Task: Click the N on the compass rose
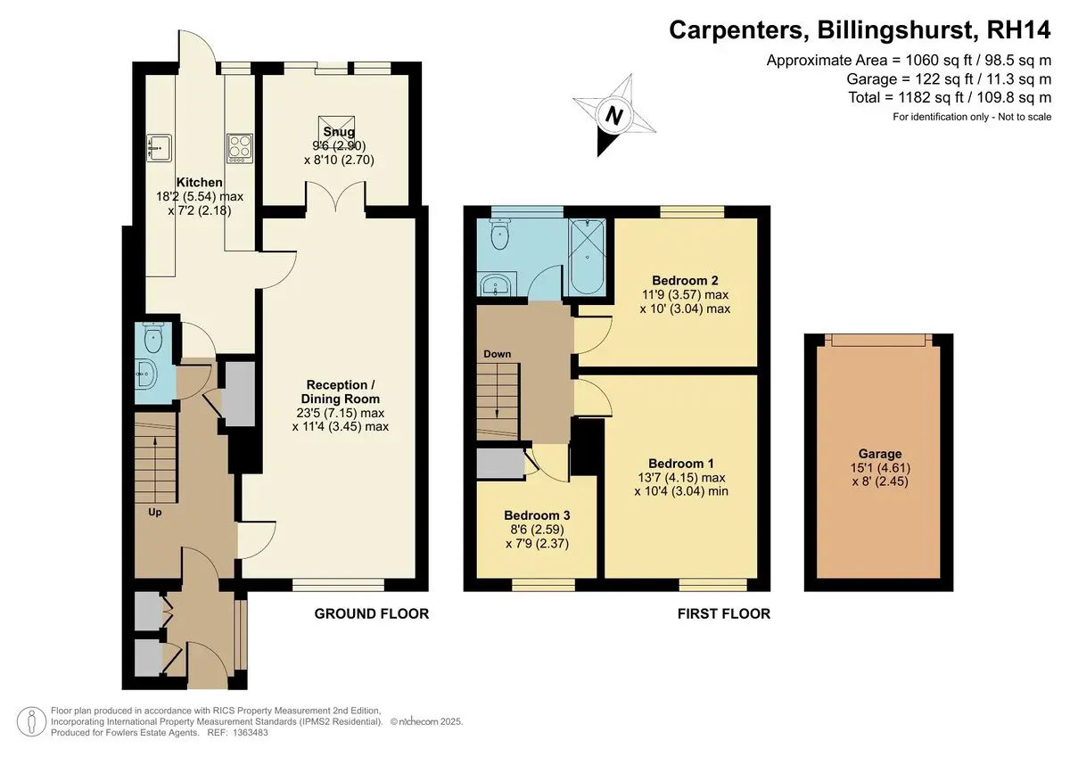pos(613,116)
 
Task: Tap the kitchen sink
pos(159,148)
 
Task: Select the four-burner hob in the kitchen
pos(240,148)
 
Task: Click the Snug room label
pos(339,131)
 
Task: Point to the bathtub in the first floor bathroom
pos(587,257)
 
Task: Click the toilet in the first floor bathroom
pos(499,234)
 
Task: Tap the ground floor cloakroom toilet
pos(152,338)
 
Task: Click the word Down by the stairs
pos(498,354)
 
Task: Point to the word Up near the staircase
pos(155,513)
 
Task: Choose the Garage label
pos(880,454)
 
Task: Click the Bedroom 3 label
pos(537,515)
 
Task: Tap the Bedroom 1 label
pos(681,464)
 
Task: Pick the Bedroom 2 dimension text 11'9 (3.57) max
pos(685,294)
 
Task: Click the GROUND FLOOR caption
pos(372,613)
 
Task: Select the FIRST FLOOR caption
pos(724,613)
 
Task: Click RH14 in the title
pos(1018,30)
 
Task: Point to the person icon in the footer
pos(31,721)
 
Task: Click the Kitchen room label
pos(199,183)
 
